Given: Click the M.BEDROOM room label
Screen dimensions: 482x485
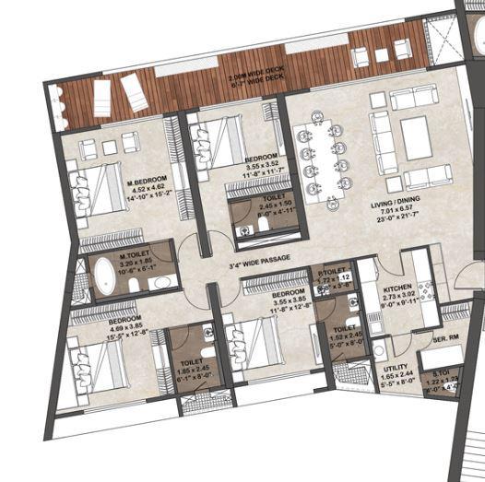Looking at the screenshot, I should (x=150, y=182).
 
